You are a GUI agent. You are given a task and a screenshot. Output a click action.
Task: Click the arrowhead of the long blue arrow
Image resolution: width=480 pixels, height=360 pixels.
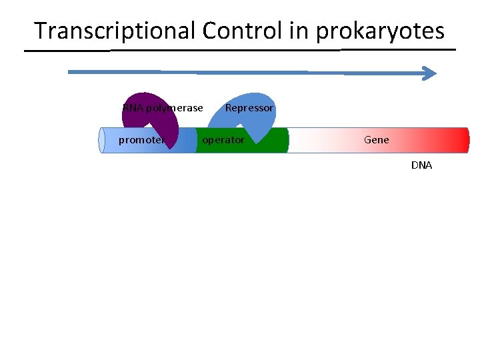pos(430,73)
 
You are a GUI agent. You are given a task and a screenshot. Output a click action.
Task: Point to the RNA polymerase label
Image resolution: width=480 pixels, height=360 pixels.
pos(163,108)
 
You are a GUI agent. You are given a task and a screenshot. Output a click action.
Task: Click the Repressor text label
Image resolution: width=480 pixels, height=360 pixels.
pos(249,108)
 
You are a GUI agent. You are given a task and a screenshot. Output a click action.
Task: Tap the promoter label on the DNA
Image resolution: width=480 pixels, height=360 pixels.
pos(141,140)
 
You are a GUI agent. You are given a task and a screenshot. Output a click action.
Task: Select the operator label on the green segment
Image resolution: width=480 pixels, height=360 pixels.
pos(223,140)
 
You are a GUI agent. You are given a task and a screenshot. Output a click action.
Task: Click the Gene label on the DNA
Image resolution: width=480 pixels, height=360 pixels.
pos(377,140)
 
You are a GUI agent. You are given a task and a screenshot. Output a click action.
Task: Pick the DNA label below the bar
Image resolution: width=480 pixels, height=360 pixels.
pos(421,165)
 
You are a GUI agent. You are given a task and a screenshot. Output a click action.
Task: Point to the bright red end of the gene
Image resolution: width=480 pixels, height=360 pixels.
pos(460,140)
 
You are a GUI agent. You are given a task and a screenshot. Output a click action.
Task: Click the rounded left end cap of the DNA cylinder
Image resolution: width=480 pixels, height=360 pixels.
pos(103,140)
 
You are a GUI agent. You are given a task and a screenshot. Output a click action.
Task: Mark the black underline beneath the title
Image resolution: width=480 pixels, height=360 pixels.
pos(240,51)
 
